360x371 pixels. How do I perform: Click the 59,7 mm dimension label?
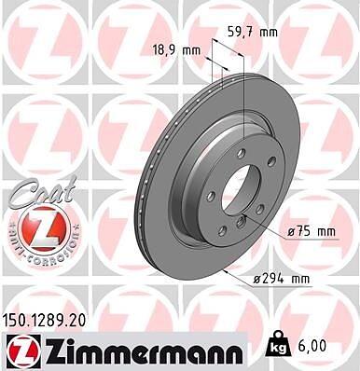click(253, 32)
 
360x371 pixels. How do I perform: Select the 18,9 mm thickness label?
click(177, 50)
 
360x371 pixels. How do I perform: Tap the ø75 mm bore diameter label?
click(312, 232)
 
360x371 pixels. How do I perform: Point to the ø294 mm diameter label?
click(282, 280)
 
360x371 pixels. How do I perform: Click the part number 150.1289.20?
click(44, 322)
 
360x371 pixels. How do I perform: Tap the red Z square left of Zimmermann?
click(21, 352)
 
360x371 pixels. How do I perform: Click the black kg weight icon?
click(276, 344)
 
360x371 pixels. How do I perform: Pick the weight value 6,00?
click(312, 347)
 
